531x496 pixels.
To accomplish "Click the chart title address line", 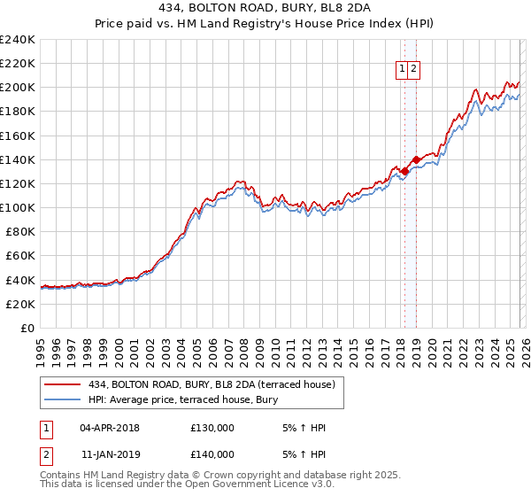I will tap(265, 9).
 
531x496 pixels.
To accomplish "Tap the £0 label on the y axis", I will tap(27, 328).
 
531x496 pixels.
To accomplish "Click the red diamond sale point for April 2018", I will tap(404, 171).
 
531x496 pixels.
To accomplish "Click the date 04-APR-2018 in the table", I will tap(109, 428).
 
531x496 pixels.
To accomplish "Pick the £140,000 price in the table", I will tap(212, 454).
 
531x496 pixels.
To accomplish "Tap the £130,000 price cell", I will tap(212, 428).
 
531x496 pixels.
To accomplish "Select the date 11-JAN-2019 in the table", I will tap(109, 454).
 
